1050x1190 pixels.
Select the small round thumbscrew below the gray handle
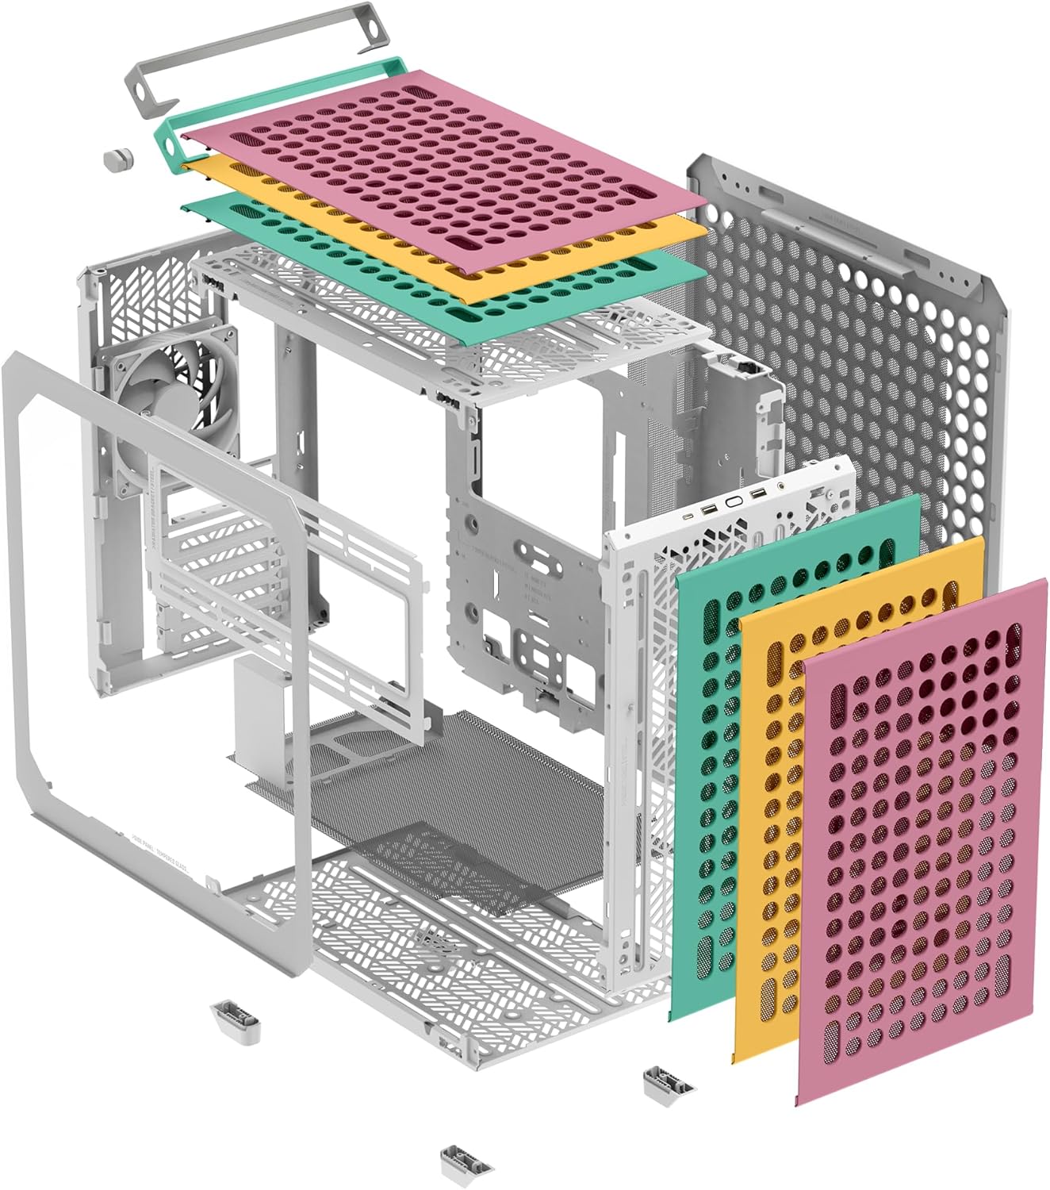(x=118, y=157)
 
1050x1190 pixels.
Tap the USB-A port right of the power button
(x=757, y=495)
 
